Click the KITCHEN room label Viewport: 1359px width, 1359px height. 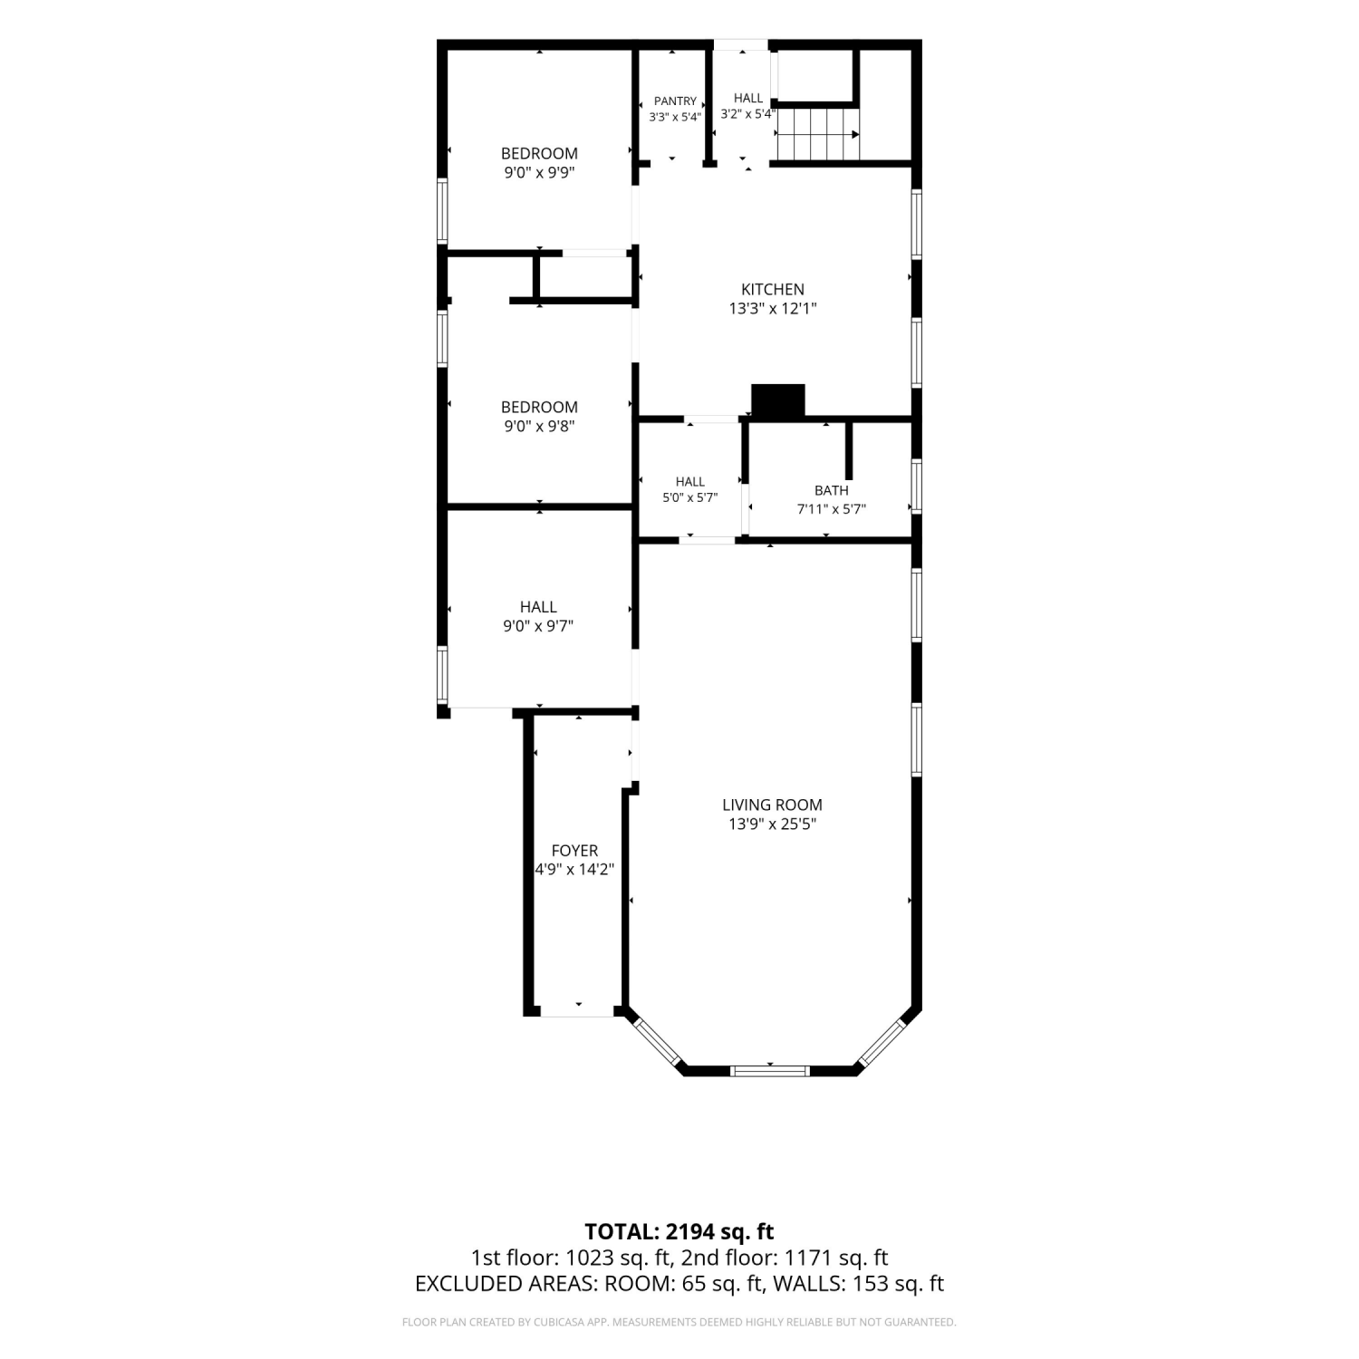click(773, 289)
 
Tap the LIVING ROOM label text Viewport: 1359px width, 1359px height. click(772, 805)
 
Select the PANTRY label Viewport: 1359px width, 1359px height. click(675, 101)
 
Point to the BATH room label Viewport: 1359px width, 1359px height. click(832, 490)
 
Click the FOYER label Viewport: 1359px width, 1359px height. click(574, 851)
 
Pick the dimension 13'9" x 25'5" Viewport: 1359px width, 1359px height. click(772, 824)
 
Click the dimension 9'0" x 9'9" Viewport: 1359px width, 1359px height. click(539, 173)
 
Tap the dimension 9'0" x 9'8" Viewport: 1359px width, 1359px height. click(539, 427)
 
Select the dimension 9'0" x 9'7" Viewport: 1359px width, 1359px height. click(538, 626)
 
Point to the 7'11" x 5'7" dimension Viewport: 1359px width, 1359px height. click(832, 509)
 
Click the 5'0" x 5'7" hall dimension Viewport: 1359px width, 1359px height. click(689, 497)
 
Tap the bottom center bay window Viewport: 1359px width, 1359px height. click(770, 1070)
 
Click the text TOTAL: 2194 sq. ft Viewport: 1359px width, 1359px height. click(679, 1231)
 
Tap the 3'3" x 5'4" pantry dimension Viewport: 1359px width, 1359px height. click(675, 117)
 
